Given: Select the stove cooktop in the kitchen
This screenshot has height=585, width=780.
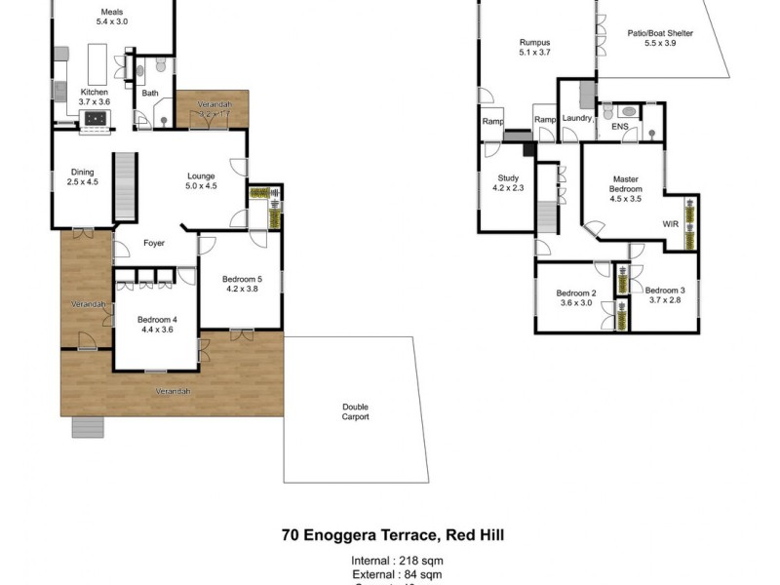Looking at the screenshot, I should pyautogui.click(x=97, y=119).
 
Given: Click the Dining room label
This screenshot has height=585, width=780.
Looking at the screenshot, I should pyautogui.click(x=83, y=176).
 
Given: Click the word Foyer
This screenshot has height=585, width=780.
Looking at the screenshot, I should pyautogui.click(x=155, y=244).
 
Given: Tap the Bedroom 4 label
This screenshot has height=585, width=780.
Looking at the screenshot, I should pyautogui.click(x=157, y=324).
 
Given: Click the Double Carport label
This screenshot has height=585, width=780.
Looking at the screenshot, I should pyautogui.click(x=355, y=411).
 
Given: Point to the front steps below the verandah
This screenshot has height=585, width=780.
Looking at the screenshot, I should pyautogui.click(x=87, y=427).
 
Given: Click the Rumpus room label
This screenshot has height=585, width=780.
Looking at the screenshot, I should pyautogui.click(x=535, y=48).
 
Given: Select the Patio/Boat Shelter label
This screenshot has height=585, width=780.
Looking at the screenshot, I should pyautogui.click(x=661, y=38).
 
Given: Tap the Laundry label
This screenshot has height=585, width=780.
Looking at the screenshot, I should pyautogui.click(x=577, y=118).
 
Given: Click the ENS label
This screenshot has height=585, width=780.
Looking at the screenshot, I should pyautogui.click(x=620, y=127).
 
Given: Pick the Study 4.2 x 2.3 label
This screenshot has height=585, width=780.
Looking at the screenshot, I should pyautogui.click(x=509, y=183).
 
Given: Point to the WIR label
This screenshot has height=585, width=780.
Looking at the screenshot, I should pyautogui.click(x=671, y=224).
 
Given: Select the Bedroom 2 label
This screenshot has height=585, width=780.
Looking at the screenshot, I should pyautogui.click(x=575, y=298).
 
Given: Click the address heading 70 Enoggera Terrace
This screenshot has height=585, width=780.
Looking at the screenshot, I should pyautogui.click(x=393, y=534).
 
